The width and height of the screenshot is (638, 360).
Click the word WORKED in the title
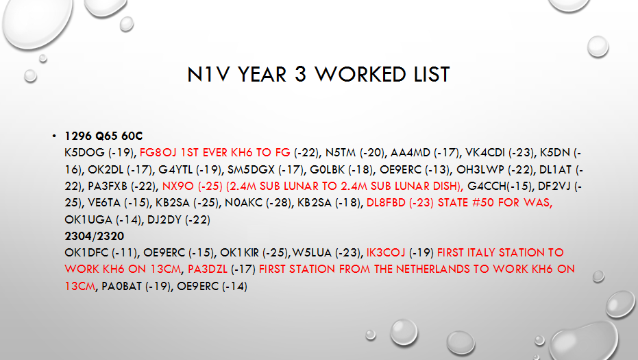360,75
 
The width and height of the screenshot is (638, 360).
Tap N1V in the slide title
209,75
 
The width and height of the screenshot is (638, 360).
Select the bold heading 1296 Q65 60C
103,136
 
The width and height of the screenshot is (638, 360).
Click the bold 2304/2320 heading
95,236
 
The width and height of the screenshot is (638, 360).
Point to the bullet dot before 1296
54,136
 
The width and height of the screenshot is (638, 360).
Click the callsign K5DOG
85,153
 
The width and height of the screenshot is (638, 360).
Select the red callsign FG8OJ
158,153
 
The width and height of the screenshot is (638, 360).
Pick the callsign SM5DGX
251,169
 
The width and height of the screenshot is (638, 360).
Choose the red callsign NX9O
178,186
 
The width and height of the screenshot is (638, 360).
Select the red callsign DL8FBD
386,203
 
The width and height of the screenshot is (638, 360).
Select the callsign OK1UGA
88,220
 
